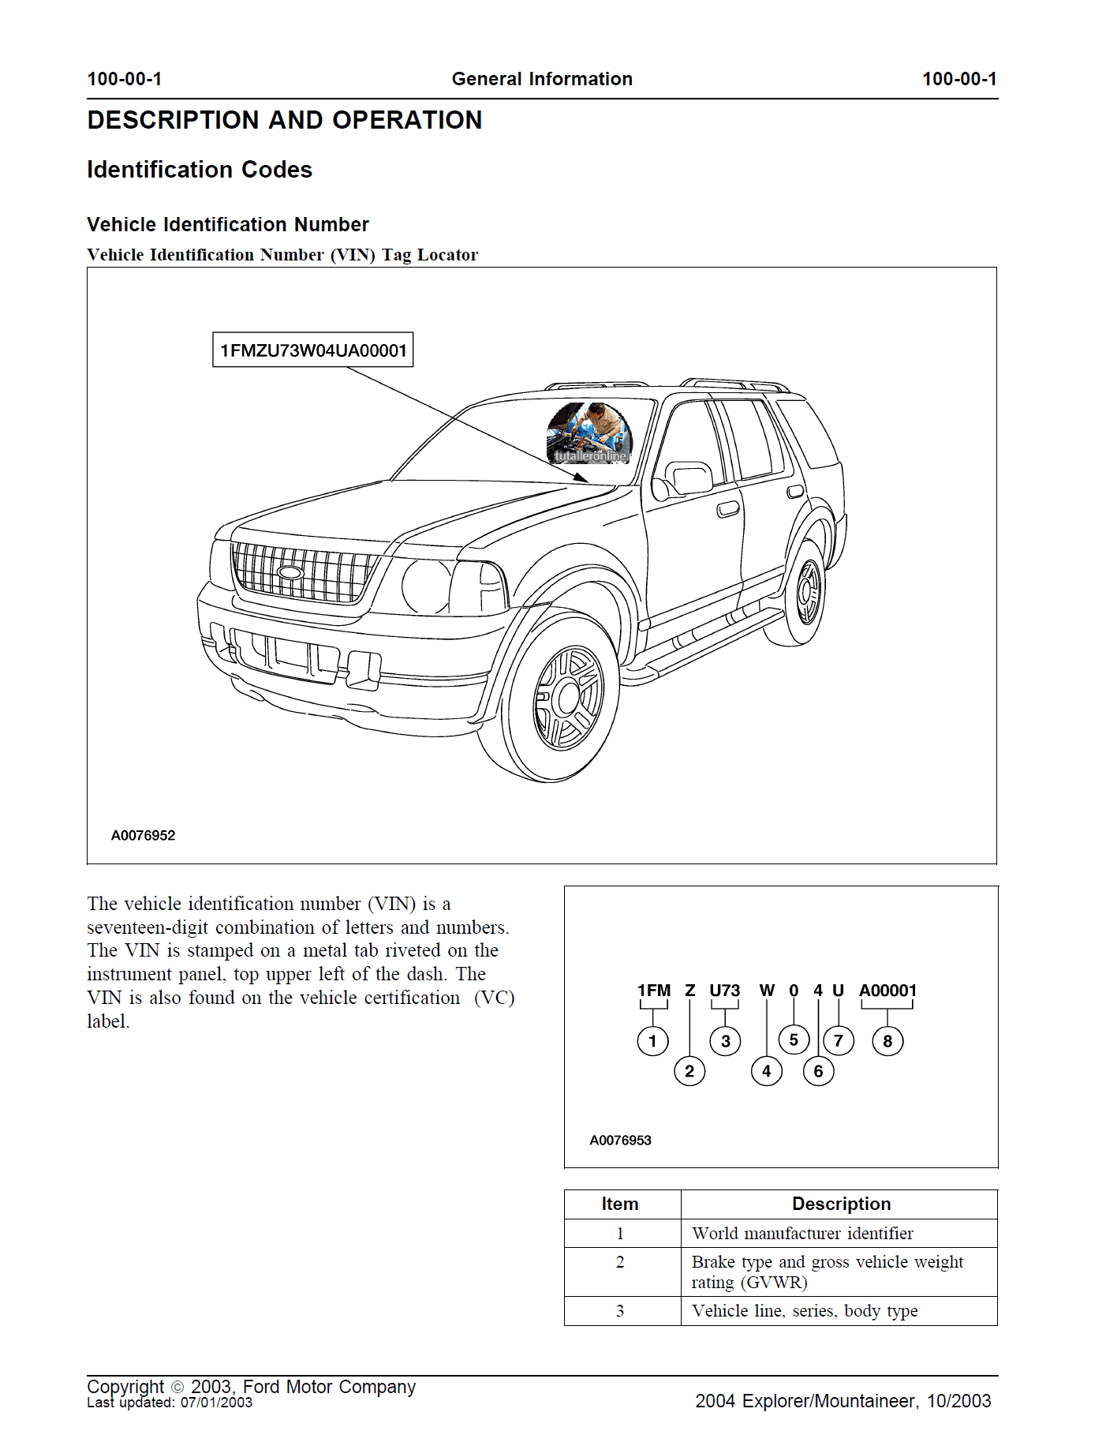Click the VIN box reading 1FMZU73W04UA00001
pos(313,350)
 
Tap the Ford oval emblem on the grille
pos(290,572)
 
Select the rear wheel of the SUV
pos(807,592)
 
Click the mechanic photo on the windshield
pos(589,433)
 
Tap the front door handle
pos(728,510)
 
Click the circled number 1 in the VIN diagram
pos(652,1041)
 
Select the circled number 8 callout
pos(887,1041)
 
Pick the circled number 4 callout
pos(766,1071)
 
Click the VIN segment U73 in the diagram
pos(724,991)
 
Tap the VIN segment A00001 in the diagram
pos(887,991)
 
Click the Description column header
pos(841,1204)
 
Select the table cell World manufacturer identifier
pos(802,1233)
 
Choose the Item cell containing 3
pos(620,1311)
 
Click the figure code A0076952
pos(143,835)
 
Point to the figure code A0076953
pos(620,1140)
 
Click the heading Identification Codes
pos(200,170)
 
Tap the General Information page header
pos(542,79)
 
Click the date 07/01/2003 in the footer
pos(216,1403)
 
